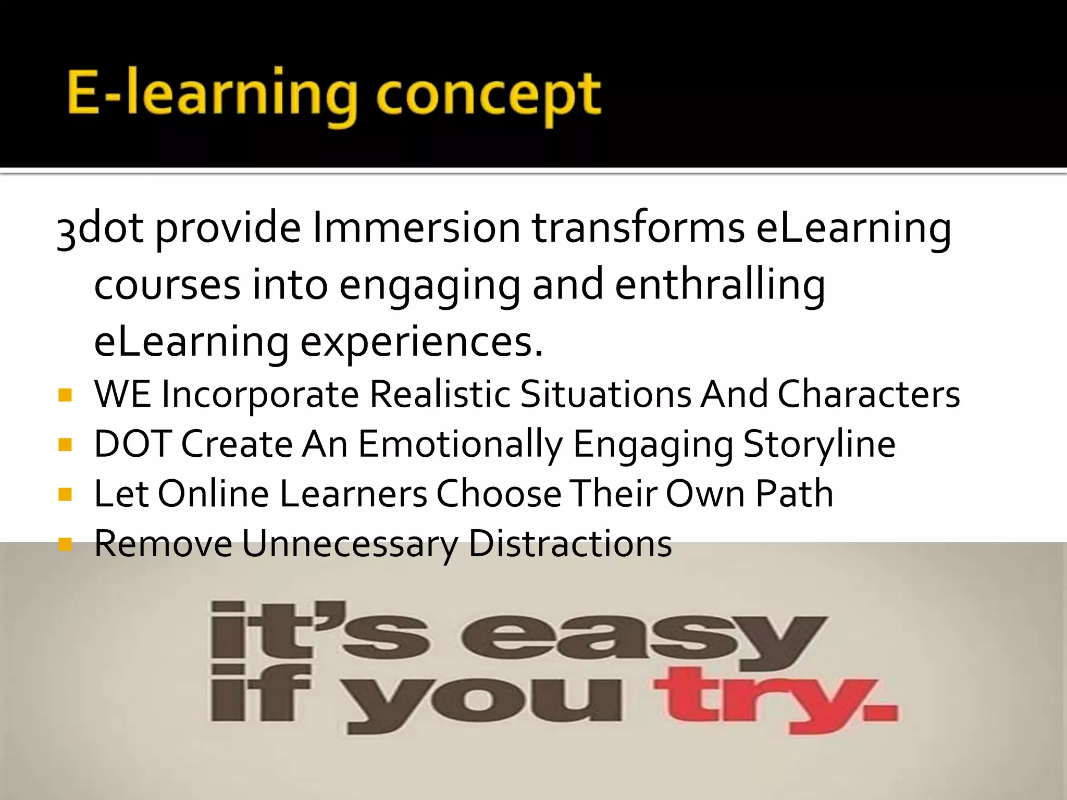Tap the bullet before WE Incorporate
click(65, 395)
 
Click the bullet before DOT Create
click(65, 445)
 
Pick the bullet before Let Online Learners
click(65, 494)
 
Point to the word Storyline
click(819, 445)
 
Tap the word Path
click(794, 494)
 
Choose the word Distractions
click(570, 544)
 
